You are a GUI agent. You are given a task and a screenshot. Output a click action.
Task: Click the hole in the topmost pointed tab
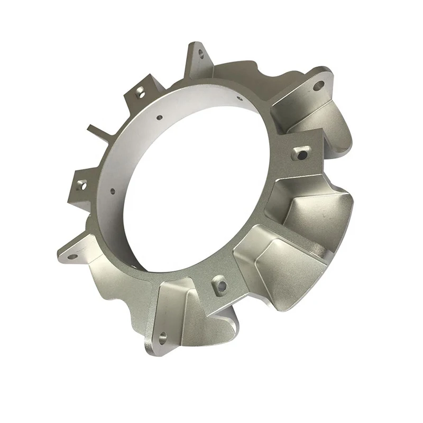pos(200,53)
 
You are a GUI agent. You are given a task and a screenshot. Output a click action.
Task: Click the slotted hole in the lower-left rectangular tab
pos(81,185)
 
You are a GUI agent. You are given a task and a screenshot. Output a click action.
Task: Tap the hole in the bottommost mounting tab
pos(162,335)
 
